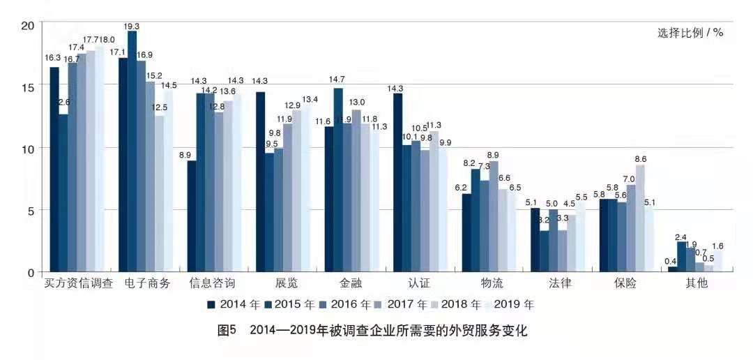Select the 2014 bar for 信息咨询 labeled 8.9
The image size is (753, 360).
coord(192,216)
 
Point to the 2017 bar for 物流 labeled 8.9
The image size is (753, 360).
coord(494,216)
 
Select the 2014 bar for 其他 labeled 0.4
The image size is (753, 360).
coord(672,269)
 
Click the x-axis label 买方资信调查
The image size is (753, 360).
coord(78,284)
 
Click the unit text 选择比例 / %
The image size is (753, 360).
coord(690,33)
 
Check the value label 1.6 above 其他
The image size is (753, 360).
coord(717,246)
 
